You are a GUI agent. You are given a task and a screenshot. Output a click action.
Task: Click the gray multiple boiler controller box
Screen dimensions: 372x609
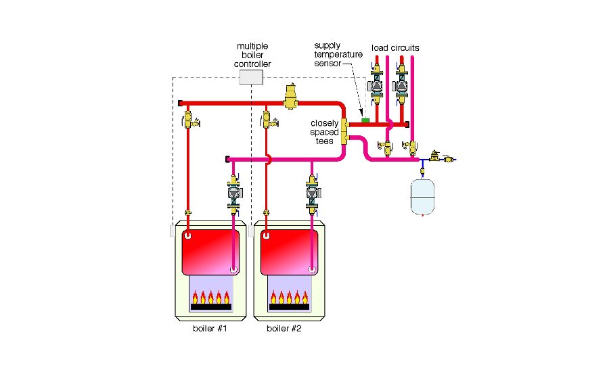click(x=251, y=77)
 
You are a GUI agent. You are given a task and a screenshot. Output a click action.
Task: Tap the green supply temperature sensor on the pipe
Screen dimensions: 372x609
click(x=364, y=120)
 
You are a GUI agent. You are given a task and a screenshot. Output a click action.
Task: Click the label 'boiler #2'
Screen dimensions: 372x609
click(x=284, y=329)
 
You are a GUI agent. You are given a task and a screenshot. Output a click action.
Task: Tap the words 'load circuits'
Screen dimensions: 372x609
click(x=394, y=47)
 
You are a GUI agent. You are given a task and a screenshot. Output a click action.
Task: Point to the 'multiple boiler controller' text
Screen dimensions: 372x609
click(x=252, y=55)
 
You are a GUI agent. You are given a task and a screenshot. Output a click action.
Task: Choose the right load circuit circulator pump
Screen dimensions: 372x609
click(x=403, y=87)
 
